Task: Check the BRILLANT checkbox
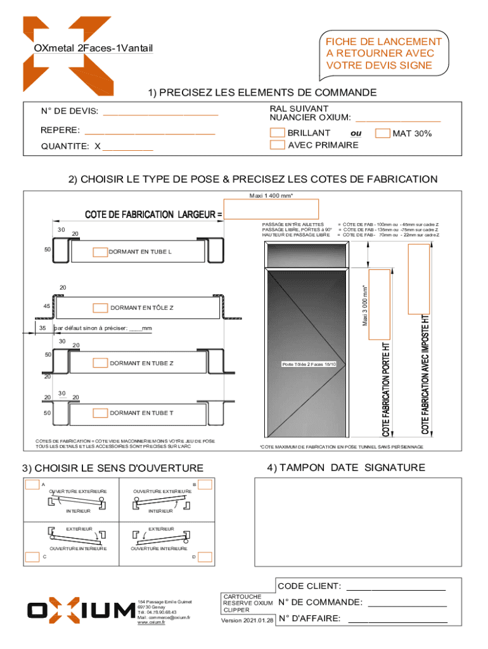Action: (x=277, y=133)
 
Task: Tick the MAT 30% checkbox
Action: (x=383, y=134)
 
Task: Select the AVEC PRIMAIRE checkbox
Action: (x=277, y=145)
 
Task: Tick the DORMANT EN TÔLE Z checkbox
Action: (x=100, y=308)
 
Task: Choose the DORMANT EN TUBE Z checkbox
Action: (x=100, y=363)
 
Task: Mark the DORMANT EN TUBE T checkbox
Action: (x=100, y=413)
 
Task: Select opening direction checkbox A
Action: (x=32, y=485)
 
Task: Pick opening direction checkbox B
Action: (x=205, y=485)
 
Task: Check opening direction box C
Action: (x=32, y=558)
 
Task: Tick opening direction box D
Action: (x=204, y=557)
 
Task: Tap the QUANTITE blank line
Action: (x=127, y=147)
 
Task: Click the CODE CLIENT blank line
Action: (x=395, y=586)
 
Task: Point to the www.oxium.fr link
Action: (x=151, y=622)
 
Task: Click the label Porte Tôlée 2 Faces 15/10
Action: (x=309, y=364)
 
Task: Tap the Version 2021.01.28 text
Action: (x=247, y=620)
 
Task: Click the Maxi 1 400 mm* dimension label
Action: (x=271, y=195)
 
